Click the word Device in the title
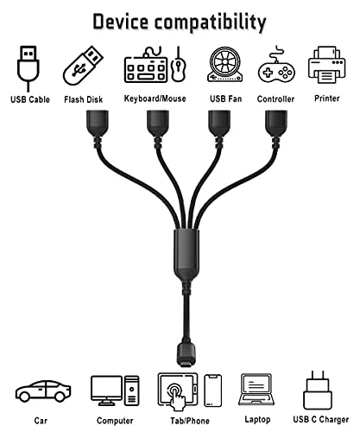[121, 22]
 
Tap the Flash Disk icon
[83, 66]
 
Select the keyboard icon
[146, 66]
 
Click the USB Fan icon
[224, 65]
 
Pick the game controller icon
[276, 66]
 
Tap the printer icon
[326, 65]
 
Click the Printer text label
[327, 98]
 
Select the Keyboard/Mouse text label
[155, 98]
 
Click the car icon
[43, 391]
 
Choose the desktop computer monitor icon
[106, 391]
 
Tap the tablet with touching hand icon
[178, 391]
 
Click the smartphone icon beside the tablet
[213, 391]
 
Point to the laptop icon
[256, 390]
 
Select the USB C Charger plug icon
[318, 391]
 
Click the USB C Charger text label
[321, 419]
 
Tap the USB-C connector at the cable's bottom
[186, 355]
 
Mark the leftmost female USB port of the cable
[98, 123]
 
